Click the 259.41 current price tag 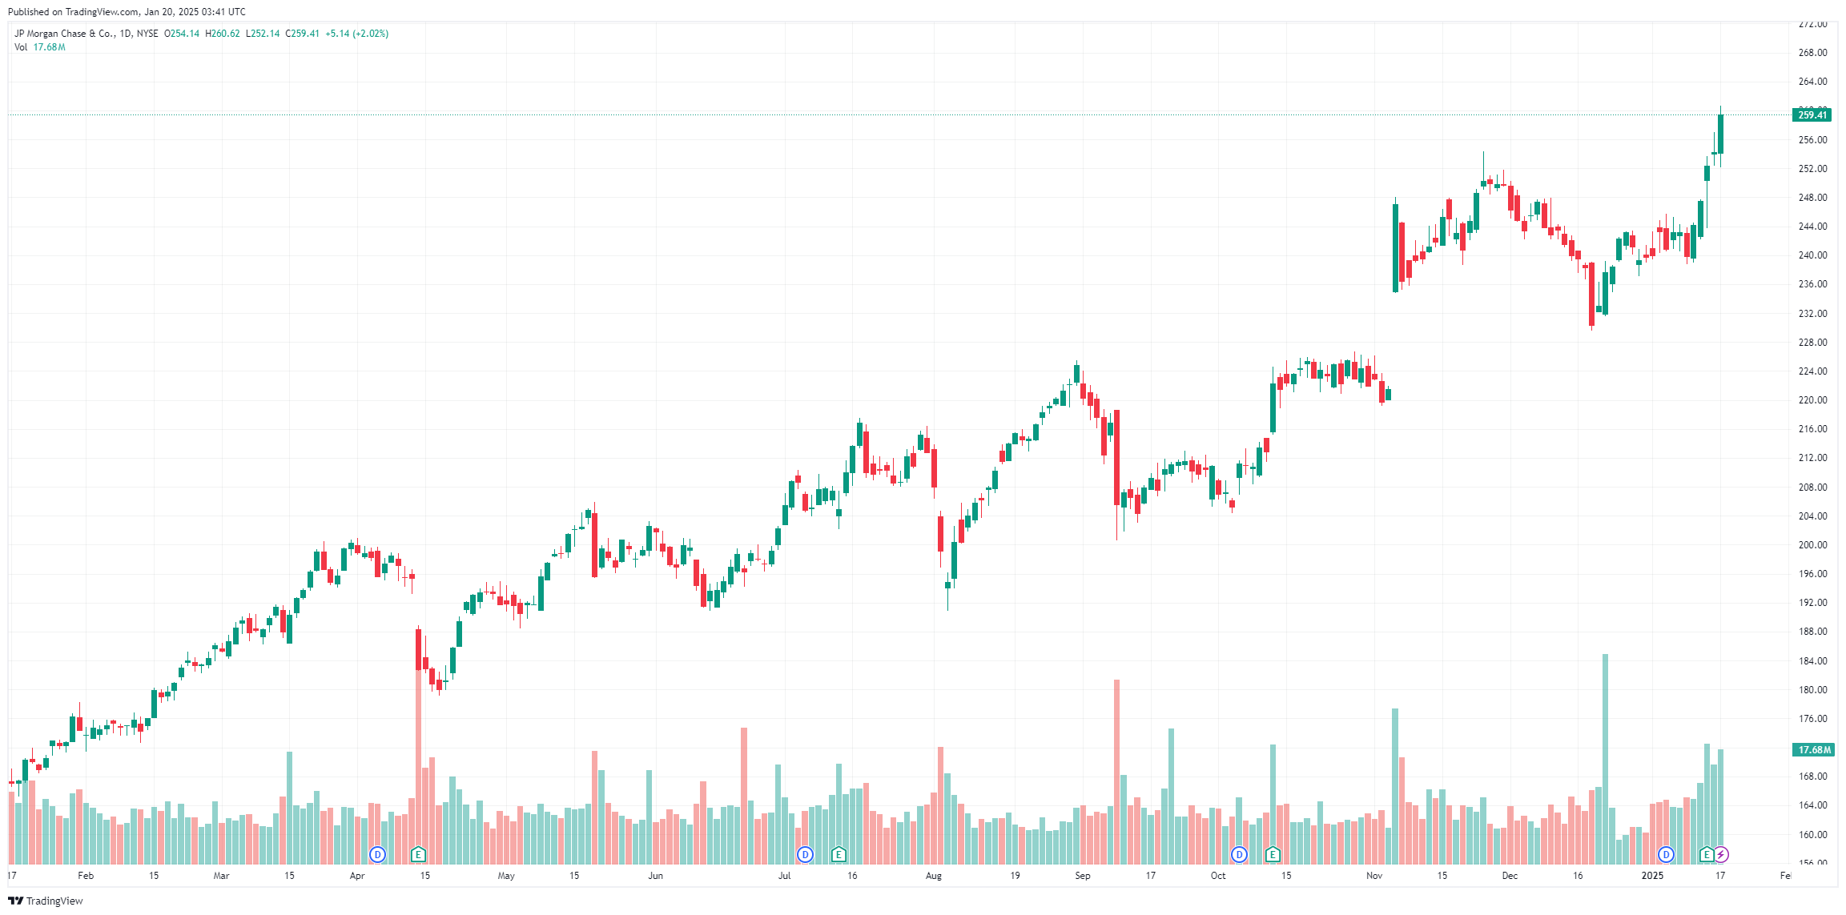click(x=1812, y=115)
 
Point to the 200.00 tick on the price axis click(x=1813, y=545)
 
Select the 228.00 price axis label click(x=1813, y=343)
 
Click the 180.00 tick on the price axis click(x=1813, y=690)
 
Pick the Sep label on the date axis click(x=1082, y=876)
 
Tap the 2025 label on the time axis click(x=1652, y=876)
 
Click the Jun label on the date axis click(x=655, y=876)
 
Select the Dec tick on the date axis click(x=1510, y=876)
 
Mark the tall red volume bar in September click(x=1116, y=769)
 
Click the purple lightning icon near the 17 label click(x=1721, y=855)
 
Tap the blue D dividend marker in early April click(x=377, y=855)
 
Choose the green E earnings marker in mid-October click(x=1273, y=855)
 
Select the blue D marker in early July click(x=805, y=855)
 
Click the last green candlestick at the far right click(x=1720, y=134)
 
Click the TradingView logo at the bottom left click(x=46, y=901)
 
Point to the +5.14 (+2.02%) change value click(x=356, y=34)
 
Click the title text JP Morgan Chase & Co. click(x=64, y=34)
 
